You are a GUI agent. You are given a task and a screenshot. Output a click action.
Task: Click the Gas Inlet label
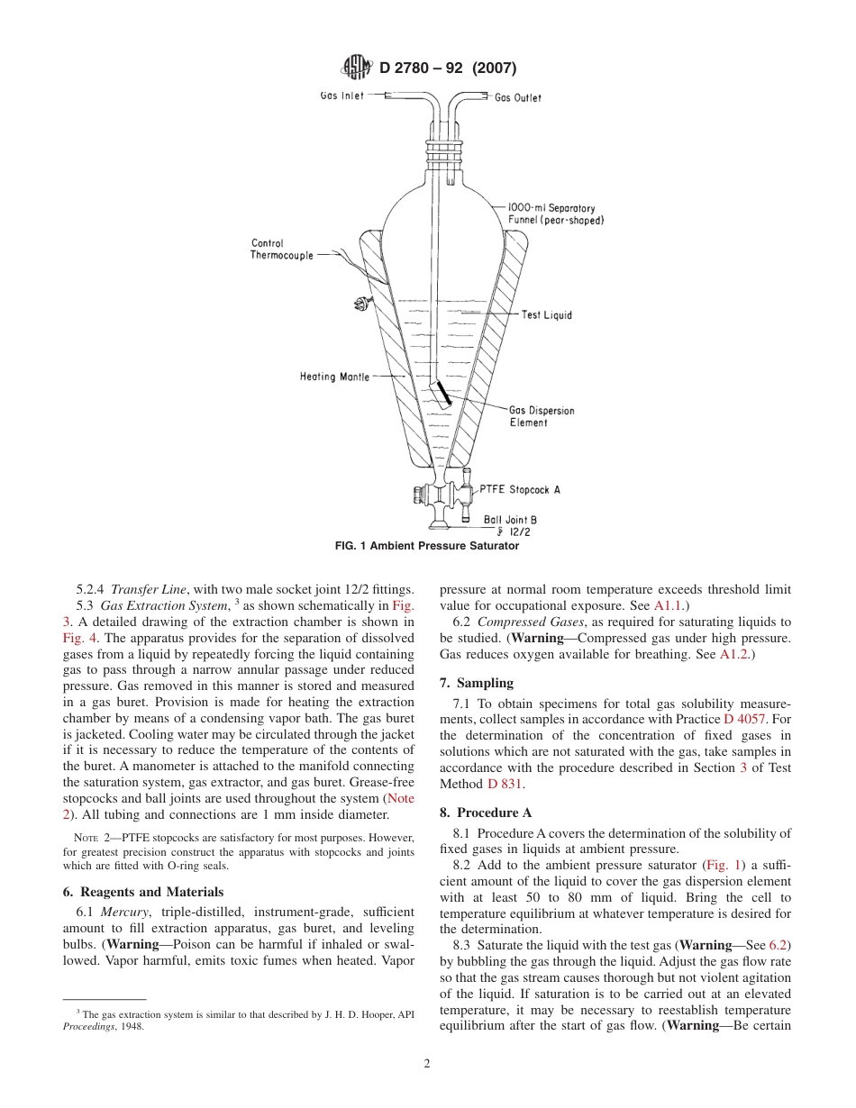[342, 95]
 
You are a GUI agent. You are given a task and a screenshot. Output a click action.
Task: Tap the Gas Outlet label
[518, 98]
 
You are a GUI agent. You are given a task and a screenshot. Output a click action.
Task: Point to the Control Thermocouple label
[281, 250]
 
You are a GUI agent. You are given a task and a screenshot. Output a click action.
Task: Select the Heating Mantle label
[334, 377]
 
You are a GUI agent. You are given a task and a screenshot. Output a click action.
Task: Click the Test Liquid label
[546, 315]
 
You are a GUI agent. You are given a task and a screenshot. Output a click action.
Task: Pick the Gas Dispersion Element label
[542, 416]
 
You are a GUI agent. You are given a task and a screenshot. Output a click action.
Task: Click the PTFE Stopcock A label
[520, 490]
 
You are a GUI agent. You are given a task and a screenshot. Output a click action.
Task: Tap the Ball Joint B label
[510, 520]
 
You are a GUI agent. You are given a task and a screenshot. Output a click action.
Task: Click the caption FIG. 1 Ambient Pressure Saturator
[427, 546]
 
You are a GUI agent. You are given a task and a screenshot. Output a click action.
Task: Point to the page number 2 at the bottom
[427, 1063]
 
